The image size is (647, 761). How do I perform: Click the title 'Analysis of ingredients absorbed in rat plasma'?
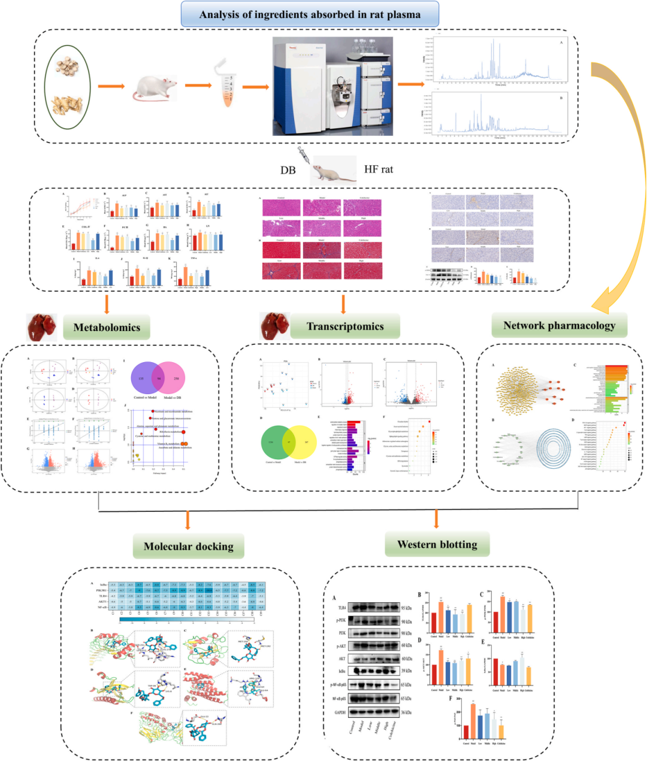tap(310, 14)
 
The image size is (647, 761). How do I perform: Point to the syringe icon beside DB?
tap(302, 158)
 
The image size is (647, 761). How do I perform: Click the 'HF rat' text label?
tap(379, 169)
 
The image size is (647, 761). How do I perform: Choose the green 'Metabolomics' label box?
tap(107, 328)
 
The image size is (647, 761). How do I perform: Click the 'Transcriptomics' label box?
tap(345, 326)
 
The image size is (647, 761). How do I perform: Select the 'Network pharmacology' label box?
tap(559, 326)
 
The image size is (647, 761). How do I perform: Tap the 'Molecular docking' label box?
tap(189, 545)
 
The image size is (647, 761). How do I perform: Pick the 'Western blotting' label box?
tap(437, 544)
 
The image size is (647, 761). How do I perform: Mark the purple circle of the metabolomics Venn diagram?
tap(144, 378)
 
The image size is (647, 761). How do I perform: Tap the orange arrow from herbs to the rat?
tap(111, 87)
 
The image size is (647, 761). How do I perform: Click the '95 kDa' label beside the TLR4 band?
tap(407, 608)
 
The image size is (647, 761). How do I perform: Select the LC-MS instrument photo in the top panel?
tap(333, 85)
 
